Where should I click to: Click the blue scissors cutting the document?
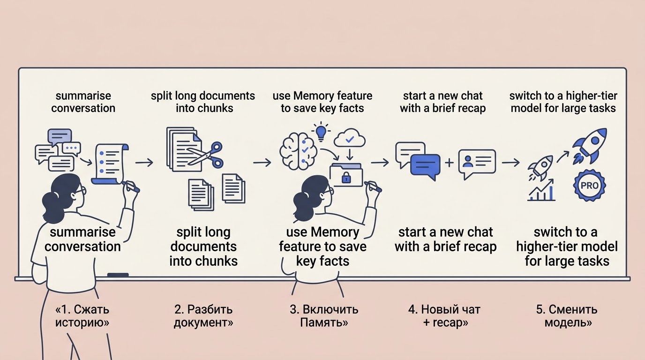pos(206,155)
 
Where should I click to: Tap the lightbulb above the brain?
pos(321,131)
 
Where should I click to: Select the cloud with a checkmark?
pos(350,139)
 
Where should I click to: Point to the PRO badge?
pos(589,185)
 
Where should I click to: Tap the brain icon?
pos(298,150)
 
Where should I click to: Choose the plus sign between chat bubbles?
pos(449,163)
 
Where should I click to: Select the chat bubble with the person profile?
pos(477,163)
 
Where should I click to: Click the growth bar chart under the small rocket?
pos(541,190)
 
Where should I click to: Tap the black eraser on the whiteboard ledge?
pos(118,275)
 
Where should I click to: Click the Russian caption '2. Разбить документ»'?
pos(203,316)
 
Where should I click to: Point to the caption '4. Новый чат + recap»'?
pos(444,316)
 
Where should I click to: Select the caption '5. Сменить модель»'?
pos(567,316)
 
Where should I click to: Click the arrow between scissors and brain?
pos(262,163)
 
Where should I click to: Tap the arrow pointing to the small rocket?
pos(510,163)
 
